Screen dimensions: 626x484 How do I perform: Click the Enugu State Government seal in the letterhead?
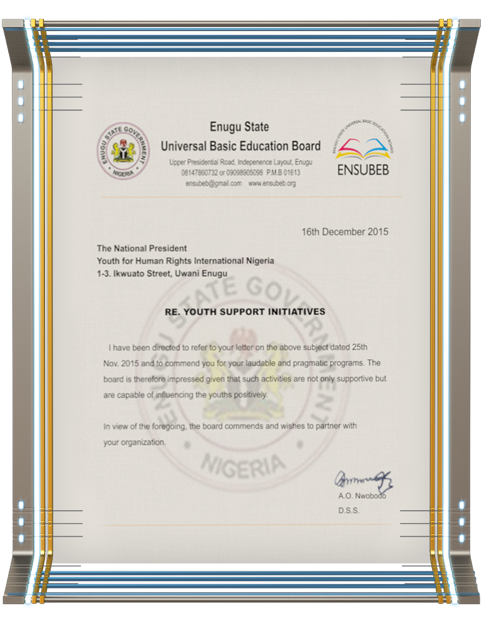[x=124, y=151]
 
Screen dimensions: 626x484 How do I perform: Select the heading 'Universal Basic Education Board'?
[x=240, y=146]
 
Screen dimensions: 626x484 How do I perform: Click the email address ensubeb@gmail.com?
[x=214, y=183]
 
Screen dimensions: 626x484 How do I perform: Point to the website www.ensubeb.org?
[x=272, y=183]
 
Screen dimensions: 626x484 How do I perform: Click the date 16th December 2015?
[x=344, y=232]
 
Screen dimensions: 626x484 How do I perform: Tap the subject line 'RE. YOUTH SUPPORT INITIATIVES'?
[x=244, y=311]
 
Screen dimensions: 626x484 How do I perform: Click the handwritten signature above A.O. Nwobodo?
[x=363, y=481]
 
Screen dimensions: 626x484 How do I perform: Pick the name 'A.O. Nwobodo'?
[x=361, y=496]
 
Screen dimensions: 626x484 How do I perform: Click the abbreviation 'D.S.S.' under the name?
[x=349, y=511]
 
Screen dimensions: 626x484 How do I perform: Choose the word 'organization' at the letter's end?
[x=143, y=442]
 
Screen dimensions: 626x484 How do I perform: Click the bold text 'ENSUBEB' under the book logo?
[x=363, y=170]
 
